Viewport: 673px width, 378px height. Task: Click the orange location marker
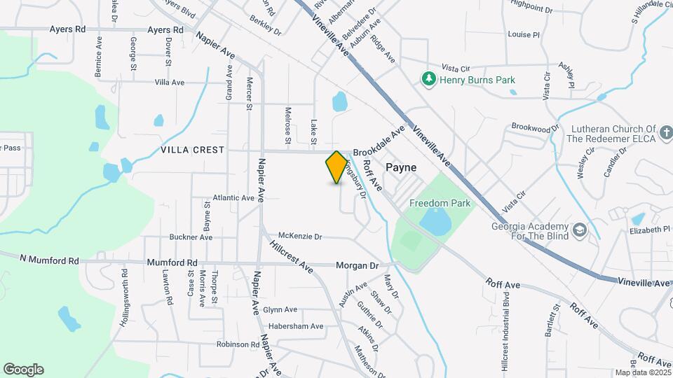336,167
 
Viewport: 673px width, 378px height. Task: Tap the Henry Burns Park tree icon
428,79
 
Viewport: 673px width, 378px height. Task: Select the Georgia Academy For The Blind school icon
579,230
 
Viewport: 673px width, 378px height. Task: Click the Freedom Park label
440,204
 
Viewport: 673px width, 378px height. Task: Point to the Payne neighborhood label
401,168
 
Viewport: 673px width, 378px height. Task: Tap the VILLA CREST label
192,150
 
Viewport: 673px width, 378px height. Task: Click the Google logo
23,369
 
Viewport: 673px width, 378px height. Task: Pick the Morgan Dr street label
357,266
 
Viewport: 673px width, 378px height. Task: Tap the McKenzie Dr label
300,237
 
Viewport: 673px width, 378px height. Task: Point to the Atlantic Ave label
233,198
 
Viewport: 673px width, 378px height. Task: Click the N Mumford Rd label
49,260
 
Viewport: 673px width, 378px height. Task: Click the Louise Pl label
524,34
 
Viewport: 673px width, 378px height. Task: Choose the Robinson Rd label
238,344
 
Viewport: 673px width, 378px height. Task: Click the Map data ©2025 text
641,372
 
